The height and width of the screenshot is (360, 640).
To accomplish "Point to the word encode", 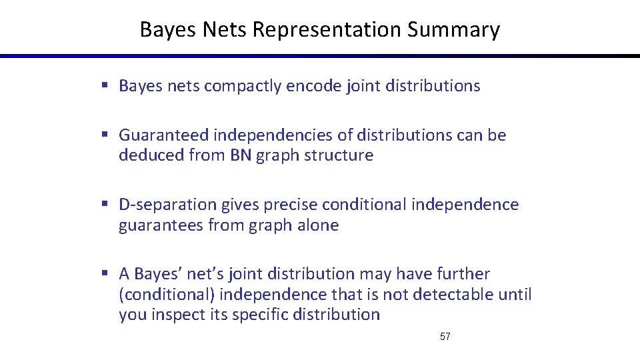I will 314,86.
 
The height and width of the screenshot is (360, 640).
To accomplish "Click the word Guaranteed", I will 164,135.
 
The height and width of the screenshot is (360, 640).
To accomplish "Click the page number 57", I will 445,337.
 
